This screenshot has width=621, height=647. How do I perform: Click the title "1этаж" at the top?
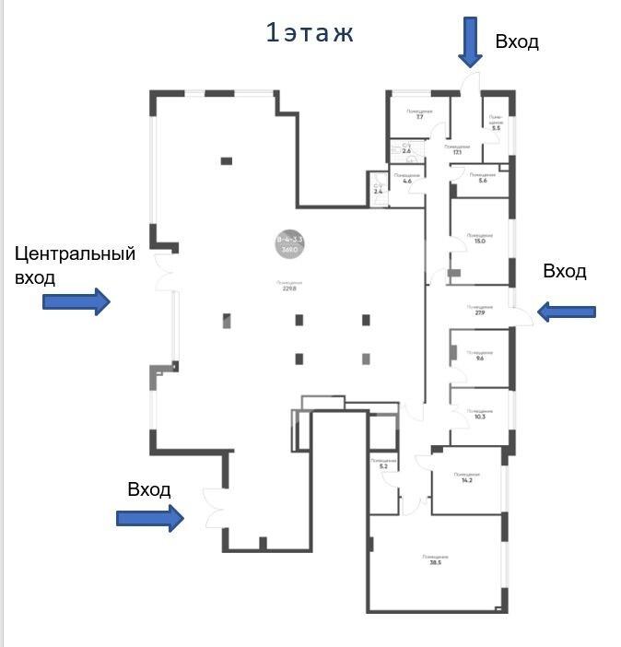click(310, 34)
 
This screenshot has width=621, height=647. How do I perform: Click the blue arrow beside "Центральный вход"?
click(76, 301)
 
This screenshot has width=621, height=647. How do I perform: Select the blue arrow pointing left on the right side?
click(566, 312)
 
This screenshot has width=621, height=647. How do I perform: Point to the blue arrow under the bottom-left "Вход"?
click(150, 518)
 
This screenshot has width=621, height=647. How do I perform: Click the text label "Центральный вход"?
click(75, 265)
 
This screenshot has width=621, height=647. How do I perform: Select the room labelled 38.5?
click(435, 561)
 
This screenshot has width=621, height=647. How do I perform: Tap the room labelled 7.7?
click(419, 114)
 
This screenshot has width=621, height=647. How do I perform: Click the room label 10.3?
click(478, 415)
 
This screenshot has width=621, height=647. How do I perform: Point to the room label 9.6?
click(478, 356)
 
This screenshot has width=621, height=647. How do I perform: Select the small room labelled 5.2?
click(383, 464)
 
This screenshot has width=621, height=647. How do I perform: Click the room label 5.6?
click(482, 178)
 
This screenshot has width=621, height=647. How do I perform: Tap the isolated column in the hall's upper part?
click(226, 161)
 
